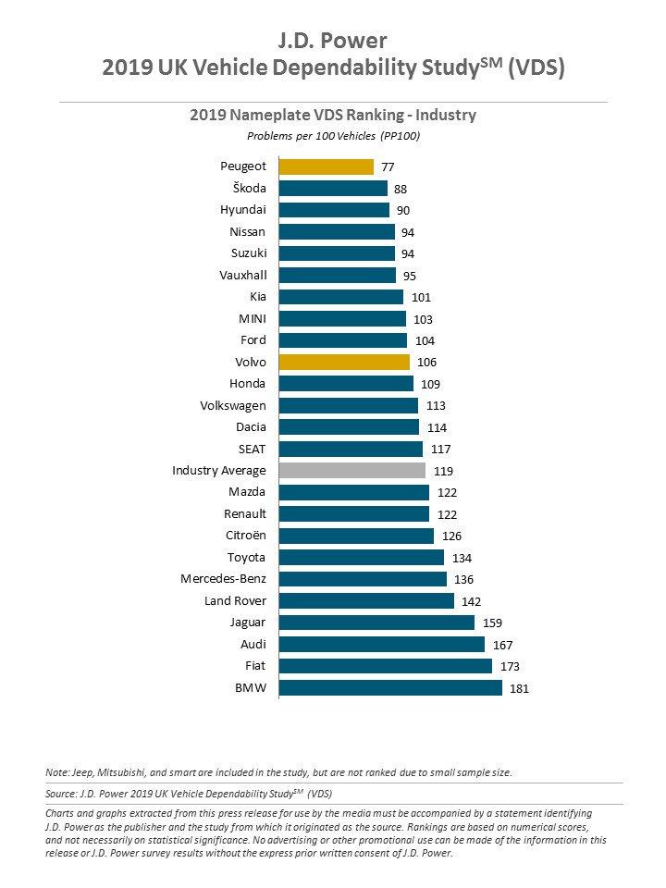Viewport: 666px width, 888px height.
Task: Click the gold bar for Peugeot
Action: [326, 166]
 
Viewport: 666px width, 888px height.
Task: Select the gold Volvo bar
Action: [343, 362]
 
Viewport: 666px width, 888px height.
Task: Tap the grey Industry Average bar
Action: [351, 470]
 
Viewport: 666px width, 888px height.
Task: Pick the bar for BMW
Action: [389, 687]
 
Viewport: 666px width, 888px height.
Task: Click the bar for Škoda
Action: [332, 188]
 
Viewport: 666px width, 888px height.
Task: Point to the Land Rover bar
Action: [365, 600]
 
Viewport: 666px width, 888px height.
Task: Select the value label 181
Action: [520, 688]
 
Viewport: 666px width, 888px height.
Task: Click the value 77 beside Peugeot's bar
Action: [389, 167]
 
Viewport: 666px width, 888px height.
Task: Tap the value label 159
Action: [491, 623]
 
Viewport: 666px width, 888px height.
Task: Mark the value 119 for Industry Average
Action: [443, 471]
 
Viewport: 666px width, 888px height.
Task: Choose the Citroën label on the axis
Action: [245, 536]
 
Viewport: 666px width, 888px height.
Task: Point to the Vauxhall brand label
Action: [242, 275]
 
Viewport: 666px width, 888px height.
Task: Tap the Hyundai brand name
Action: [242, 210]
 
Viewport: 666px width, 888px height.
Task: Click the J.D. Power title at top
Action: [332, 41]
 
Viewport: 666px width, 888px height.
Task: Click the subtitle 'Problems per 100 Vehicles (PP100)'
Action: [332, 135]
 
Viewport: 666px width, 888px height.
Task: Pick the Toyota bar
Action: [361, 557]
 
